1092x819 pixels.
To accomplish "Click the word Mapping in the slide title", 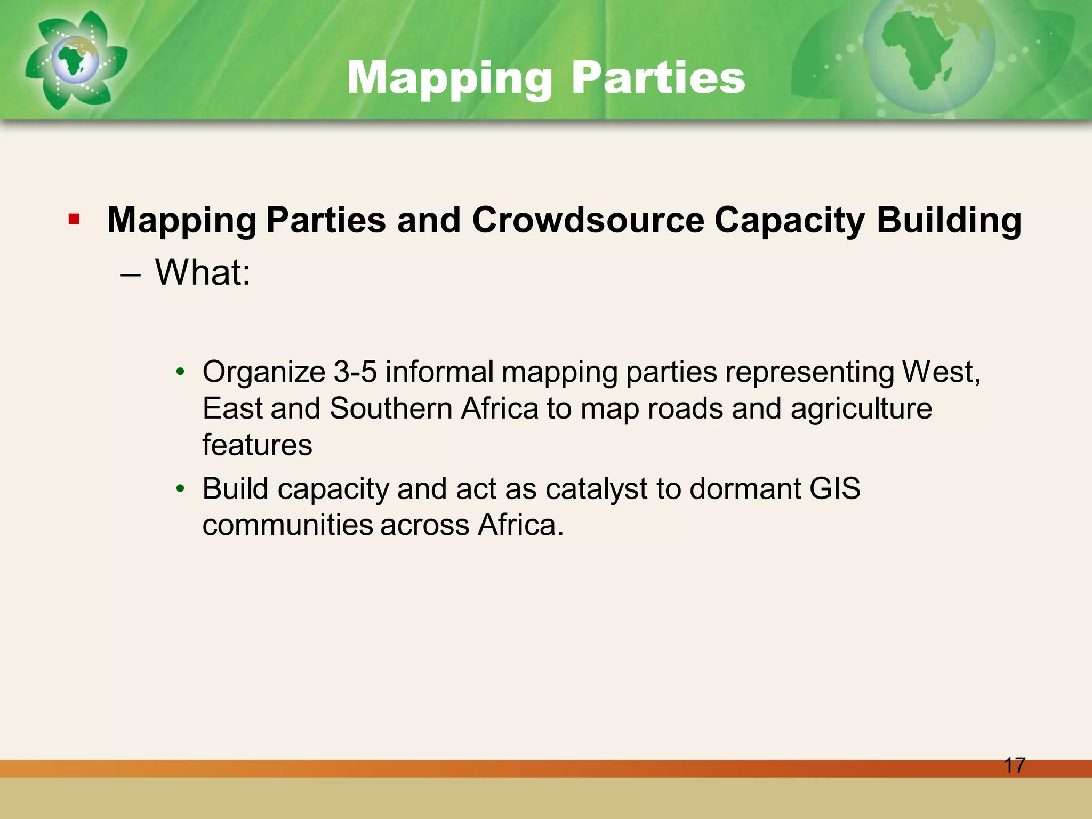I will (x=449, y=78).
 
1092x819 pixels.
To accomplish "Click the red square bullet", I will (x=74, y=219).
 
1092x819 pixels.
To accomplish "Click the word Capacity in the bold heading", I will (x=789, y=221).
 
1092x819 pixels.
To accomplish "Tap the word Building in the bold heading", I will (x=949, y=221).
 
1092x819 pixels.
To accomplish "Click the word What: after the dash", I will (x=203, y=272).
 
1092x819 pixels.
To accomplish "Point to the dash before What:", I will (x=131, y=275).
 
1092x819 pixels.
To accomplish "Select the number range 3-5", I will (x=355, y=372).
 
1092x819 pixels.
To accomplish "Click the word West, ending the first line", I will (x=941, y=372).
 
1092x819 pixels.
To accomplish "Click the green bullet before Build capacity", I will (x=180, y=488).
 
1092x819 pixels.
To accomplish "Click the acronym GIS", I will (x=834, y=488).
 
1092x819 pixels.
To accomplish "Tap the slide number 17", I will (x=1014, y=765).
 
